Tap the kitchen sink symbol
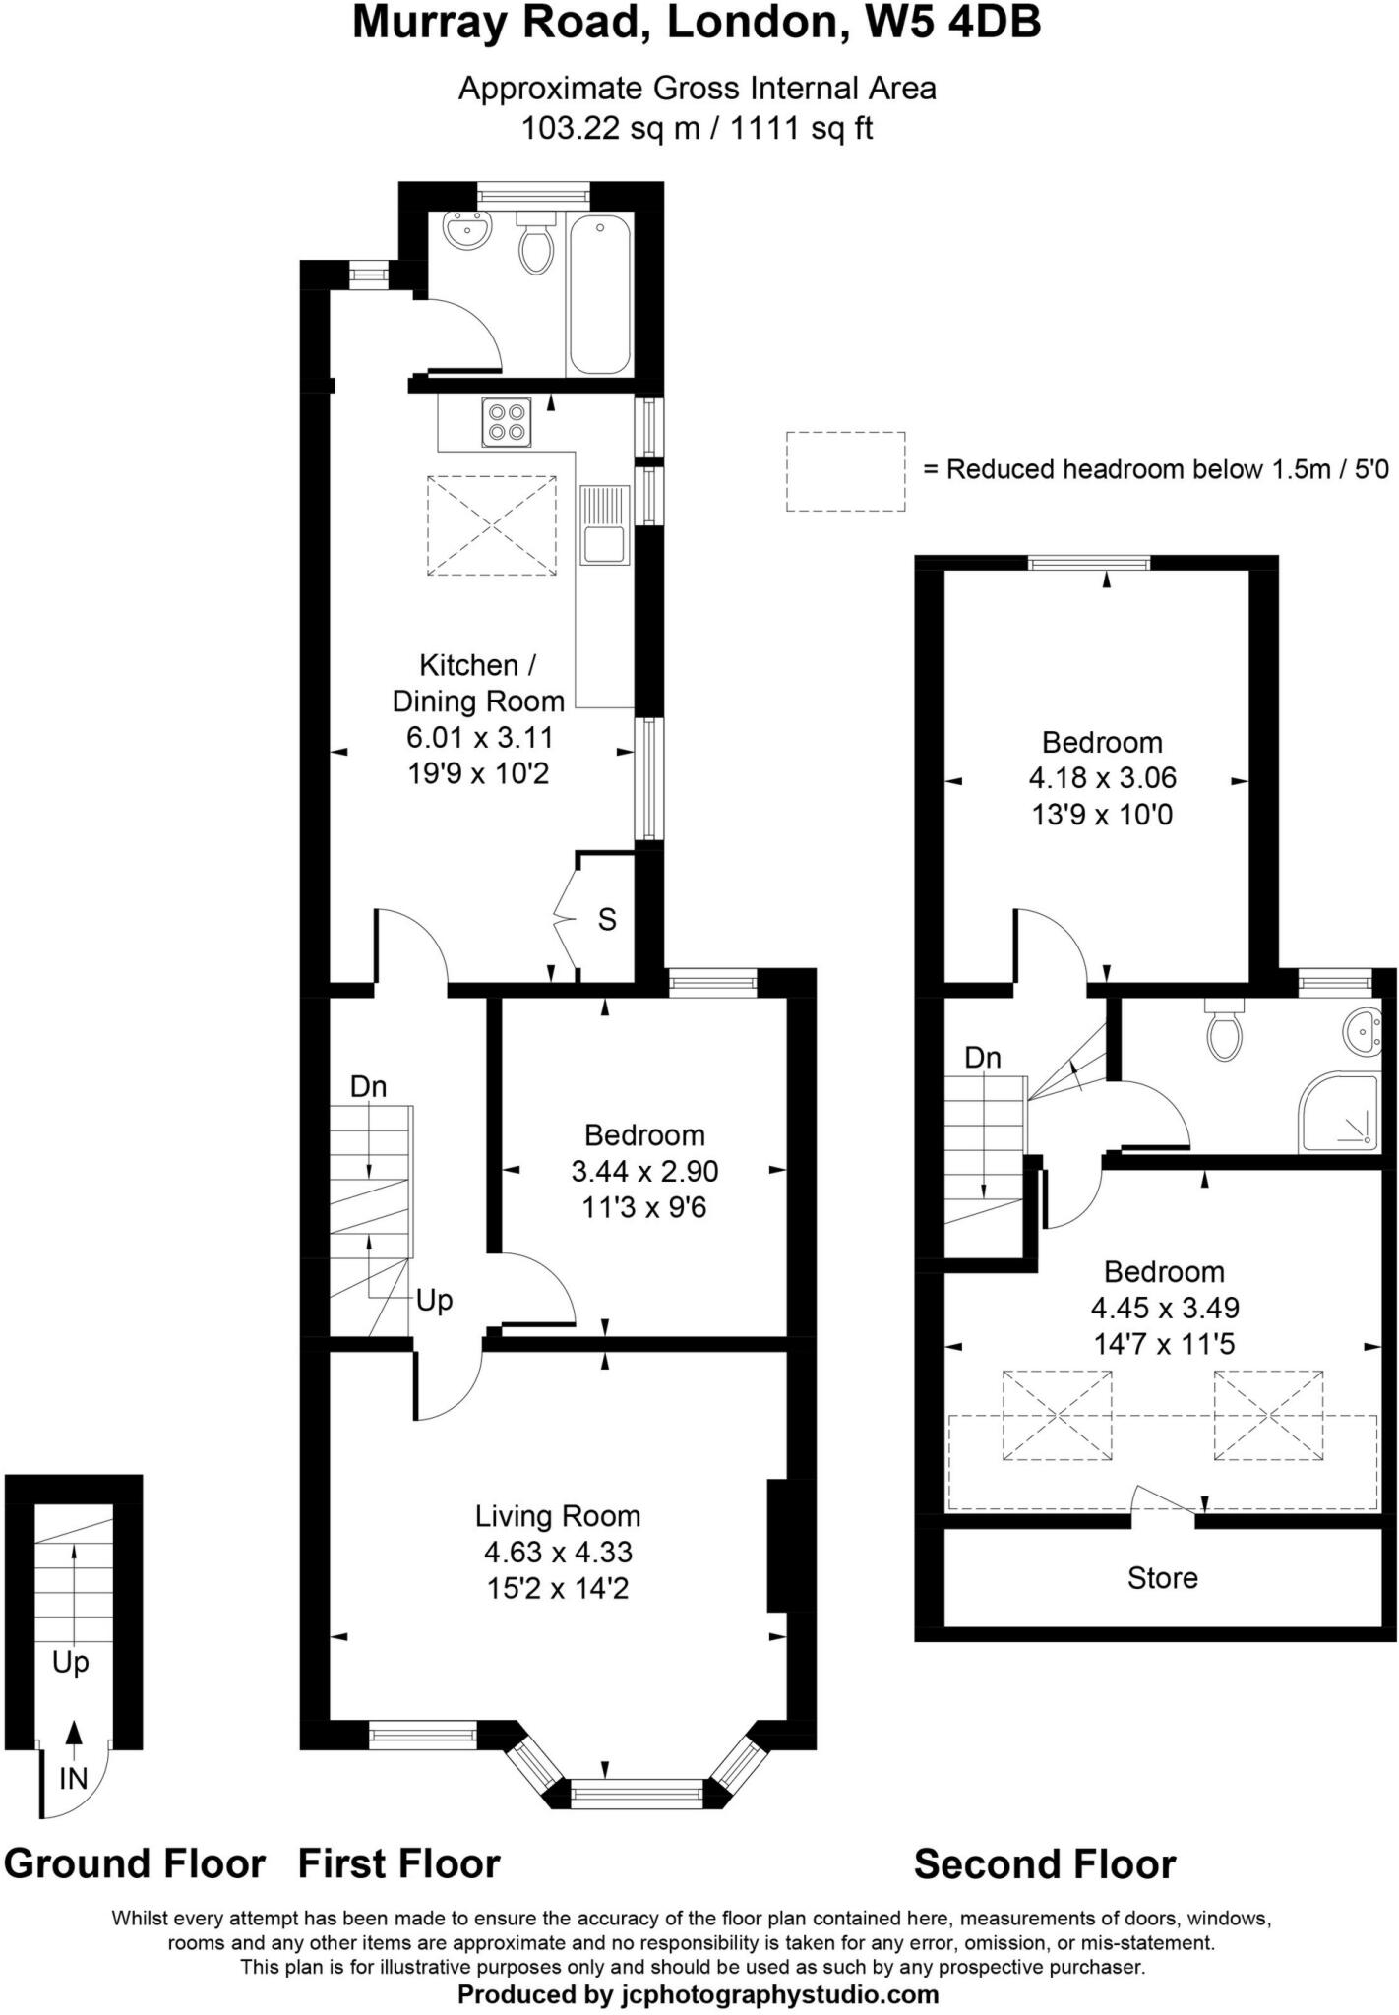604,526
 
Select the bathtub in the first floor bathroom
599,294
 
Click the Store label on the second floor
1162,1577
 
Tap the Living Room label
557,1515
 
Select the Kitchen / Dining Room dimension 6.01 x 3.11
479,737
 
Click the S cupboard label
607,920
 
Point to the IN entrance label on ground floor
74,1778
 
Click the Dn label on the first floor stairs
369,1086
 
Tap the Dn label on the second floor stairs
982,1058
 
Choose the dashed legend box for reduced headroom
845,471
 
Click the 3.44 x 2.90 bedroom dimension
644,1171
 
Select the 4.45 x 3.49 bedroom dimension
1164,1308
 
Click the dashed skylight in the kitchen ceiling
491,525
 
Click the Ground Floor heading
135,1863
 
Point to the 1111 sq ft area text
801,128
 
